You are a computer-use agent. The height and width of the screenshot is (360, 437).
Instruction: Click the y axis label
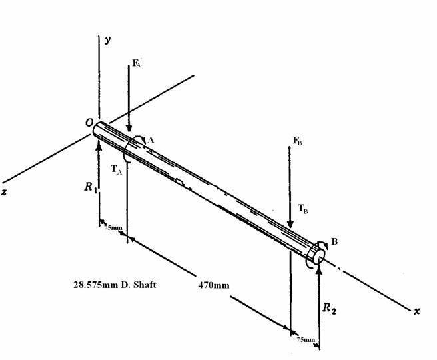107,40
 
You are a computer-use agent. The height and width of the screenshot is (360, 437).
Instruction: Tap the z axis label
4,192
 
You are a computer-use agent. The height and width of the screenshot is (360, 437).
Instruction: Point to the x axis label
417,311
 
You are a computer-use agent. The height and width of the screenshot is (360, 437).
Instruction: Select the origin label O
89,123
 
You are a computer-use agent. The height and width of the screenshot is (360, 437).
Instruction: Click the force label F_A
137,63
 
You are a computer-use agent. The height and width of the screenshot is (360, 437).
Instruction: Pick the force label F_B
297,141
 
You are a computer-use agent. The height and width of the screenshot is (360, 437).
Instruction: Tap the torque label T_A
116,169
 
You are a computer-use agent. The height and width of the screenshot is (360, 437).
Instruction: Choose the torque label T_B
303,209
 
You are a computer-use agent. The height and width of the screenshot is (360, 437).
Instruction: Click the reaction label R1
91,187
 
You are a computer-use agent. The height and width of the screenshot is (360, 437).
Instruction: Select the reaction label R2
329,308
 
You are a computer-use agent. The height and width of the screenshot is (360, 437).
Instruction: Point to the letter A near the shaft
151,140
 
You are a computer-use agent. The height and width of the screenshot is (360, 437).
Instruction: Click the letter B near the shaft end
334,241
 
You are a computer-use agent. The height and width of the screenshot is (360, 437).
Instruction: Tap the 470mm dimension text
214,285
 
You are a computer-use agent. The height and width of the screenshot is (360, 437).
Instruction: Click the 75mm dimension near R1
113,227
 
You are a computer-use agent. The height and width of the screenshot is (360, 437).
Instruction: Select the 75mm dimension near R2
306,339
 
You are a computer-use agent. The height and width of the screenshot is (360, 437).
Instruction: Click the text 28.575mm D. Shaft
115,285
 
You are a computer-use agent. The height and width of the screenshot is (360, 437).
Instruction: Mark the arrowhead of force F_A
129,128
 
